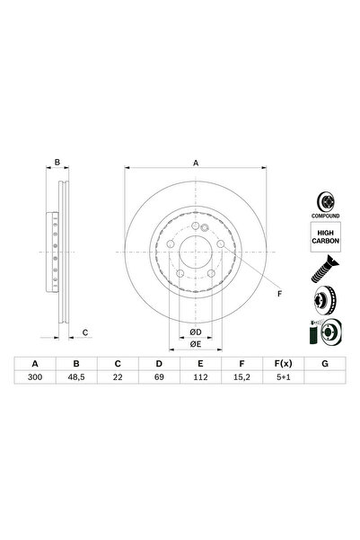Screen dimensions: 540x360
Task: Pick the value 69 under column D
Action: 159,378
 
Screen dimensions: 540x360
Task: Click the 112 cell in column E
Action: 200,378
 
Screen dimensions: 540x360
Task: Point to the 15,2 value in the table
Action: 241,378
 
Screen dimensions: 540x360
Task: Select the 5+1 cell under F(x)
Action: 282,378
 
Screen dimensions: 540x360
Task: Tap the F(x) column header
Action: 282,363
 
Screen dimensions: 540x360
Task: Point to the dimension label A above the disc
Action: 196,163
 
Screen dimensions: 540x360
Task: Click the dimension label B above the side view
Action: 57,163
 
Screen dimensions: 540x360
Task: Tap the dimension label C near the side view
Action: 84,332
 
